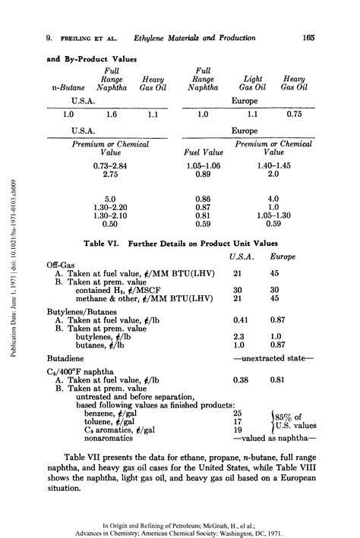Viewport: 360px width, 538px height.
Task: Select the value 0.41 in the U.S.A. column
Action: click(x=242, y=320)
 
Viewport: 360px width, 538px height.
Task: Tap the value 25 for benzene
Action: click(x=238, y=413)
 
